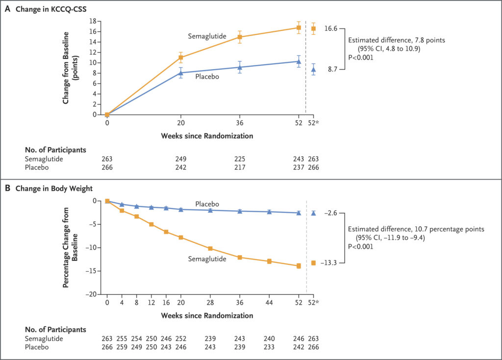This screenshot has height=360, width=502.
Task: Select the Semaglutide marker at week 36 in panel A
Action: tap(240, 37)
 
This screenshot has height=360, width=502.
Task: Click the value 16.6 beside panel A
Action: tap(331, 29)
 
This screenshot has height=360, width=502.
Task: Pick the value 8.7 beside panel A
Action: tap(332, 70)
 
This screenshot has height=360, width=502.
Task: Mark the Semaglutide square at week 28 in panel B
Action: tap(210, 249)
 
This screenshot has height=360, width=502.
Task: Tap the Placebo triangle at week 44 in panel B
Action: tap(269, 212)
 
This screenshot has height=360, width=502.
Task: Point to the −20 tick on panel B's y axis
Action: tap(93, 294)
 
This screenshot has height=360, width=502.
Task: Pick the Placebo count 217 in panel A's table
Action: tap(239, 167)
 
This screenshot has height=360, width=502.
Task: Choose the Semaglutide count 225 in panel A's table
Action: tap(239, 158)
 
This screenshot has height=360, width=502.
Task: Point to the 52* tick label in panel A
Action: tap(314, 123)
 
